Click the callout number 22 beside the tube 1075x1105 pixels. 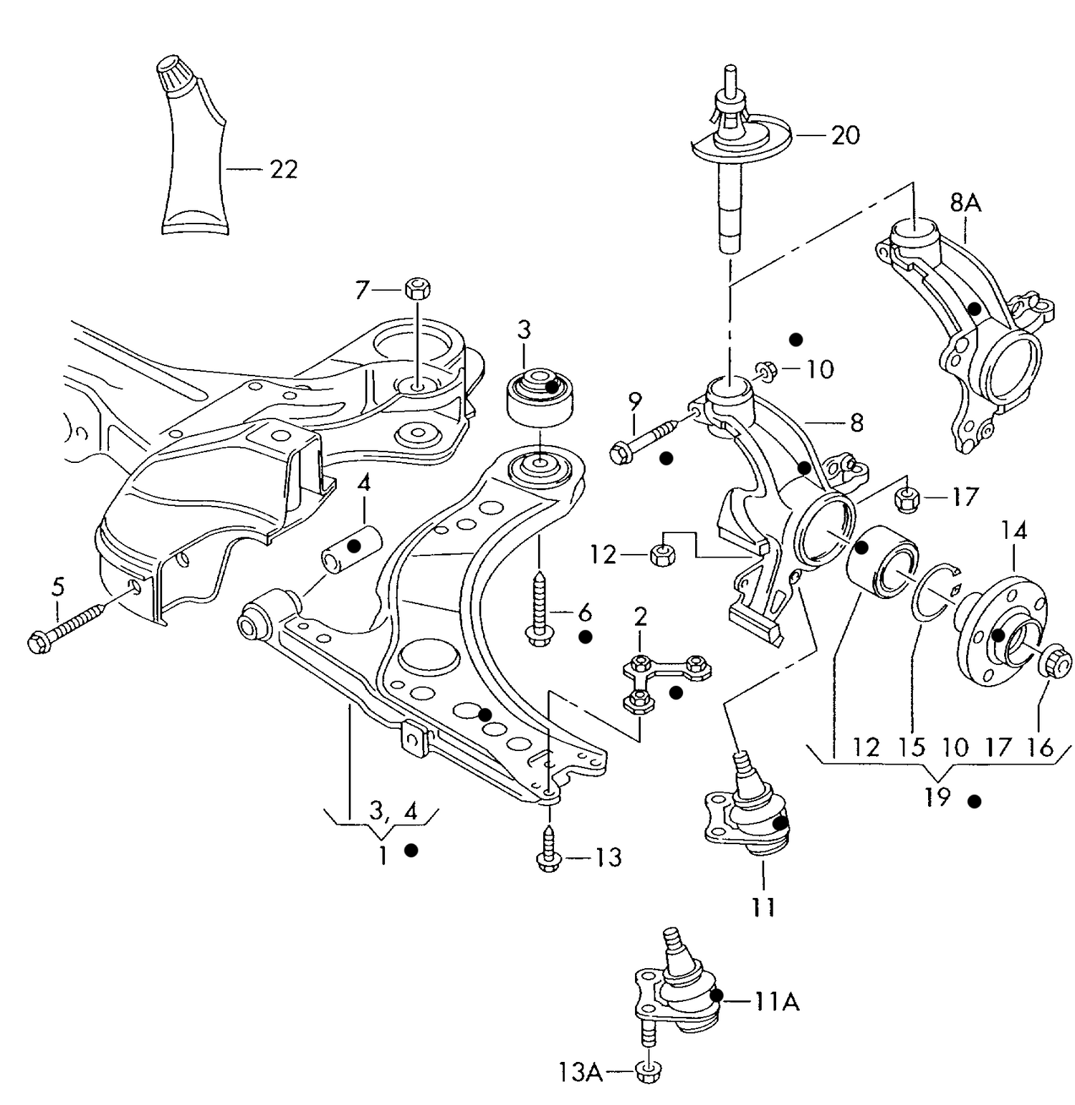click(283, 169)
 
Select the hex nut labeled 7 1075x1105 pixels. click(417, 289)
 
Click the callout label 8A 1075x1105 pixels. click(965, 204)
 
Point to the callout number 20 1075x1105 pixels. click(845, 135)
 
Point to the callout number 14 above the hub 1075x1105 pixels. click(1014, 531)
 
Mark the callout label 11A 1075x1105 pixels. click(777, 1001)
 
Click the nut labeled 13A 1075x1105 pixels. click(649, 1071)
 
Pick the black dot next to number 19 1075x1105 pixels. click(974, 801)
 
